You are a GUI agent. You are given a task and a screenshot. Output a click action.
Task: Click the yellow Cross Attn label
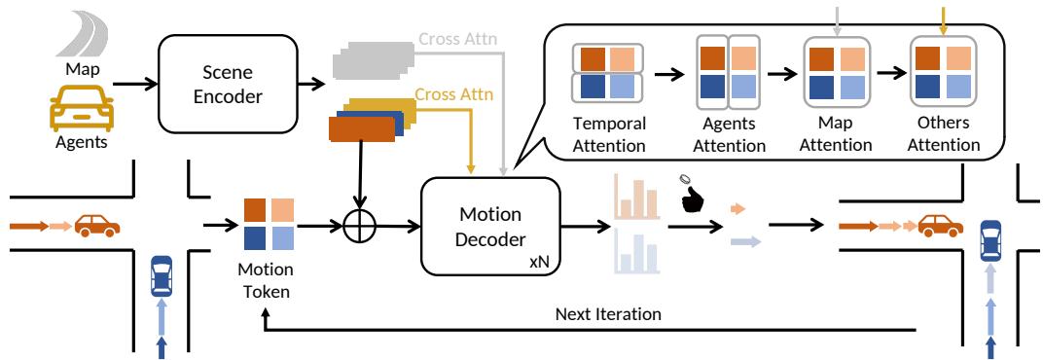point(453,94)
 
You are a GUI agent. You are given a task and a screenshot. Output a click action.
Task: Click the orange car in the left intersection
point(96,227)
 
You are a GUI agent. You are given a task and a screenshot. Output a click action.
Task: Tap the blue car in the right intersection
point(989,243)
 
